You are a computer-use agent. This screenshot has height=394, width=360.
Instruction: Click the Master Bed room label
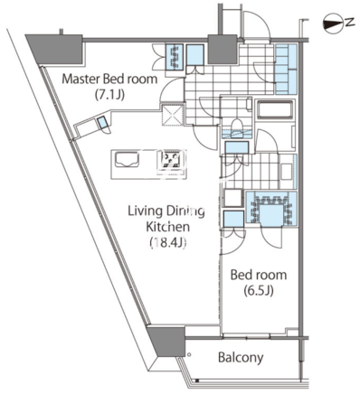[109, 79]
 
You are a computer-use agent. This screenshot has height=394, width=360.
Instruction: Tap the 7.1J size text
[109, 95]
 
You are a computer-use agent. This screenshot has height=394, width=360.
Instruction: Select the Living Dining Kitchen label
[167, 219]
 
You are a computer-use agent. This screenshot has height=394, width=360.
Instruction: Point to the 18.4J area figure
[167, 242]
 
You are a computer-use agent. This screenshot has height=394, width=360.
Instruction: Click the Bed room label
[259, 275]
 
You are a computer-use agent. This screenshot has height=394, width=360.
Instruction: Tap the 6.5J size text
[259, 291]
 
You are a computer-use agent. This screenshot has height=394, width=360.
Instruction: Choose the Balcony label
[241, 358]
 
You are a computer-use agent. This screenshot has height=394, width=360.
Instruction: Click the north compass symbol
[333, 23]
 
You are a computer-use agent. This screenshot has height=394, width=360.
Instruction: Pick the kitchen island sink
[127, 159]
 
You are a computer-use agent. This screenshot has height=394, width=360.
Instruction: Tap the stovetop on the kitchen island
[170, 159]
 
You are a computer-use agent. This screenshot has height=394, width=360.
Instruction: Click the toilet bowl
[237, 125]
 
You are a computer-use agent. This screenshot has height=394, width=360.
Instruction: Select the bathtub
[274, 109]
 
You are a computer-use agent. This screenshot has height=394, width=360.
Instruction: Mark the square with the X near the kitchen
[173, 115]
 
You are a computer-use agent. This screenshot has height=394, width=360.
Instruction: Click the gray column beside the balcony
[166, 341]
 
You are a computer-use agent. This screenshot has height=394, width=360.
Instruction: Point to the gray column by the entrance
[223, 49]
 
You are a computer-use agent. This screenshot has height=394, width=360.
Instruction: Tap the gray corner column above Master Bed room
[56, 49]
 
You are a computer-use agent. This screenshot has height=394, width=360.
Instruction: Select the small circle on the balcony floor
[189, 354]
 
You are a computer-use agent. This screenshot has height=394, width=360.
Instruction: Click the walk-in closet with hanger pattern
[271, 208]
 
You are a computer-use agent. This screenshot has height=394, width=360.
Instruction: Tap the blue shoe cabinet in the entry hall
[286, 70]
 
